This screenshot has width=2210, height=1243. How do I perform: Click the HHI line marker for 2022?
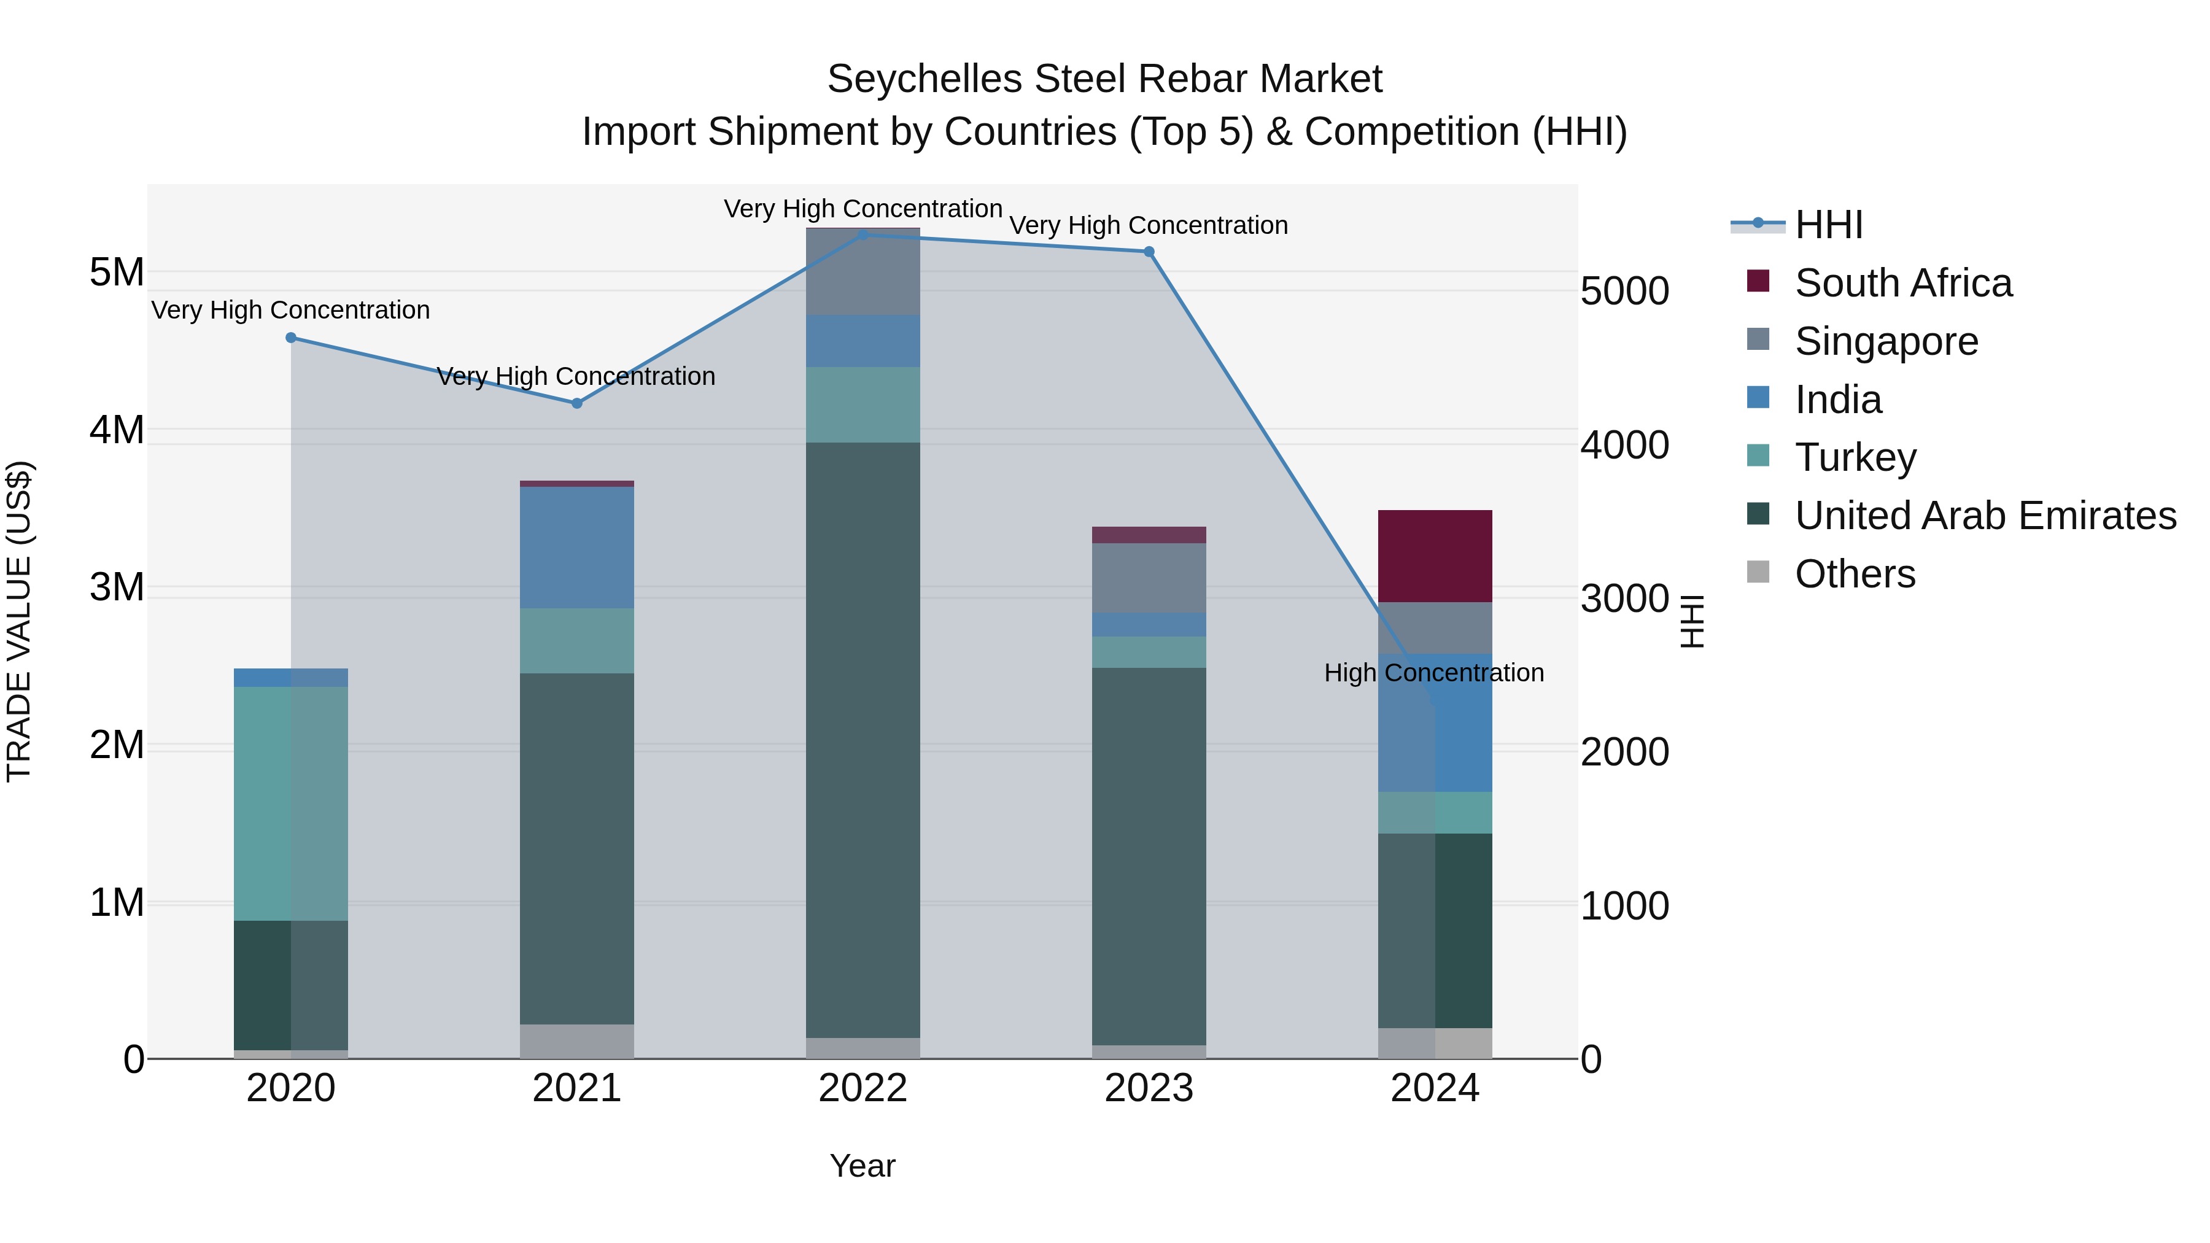[863, 234]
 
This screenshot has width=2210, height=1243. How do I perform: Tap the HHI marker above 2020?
[291, 338]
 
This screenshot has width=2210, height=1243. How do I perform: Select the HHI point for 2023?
[1149, 251]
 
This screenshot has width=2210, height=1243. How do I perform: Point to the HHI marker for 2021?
[576, 403]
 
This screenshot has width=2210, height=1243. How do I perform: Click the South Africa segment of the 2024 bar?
[1435, 556]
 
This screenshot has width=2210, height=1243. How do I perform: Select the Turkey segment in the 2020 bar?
[291, 803]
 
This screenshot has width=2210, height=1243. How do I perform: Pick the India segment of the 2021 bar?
[576, 548]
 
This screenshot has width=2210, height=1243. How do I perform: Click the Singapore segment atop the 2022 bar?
[863, 271]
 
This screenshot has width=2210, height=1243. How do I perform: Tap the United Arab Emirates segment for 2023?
[1149, 856]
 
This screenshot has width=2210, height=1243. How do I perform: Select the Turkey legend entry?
[1855, 457]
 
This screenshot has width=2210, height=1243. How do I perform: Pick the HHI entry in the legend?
[1828, 225]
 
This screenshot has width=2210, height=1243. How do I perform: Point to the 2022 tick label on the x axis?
[863, 1088]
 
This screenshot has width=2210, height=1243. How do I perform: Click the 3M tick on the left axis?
[117, 587]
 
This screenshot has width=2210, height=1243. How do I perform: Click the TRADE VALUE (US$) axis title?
[20, 621]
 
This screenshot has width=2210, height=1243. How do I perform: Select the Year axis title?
[863, 1166]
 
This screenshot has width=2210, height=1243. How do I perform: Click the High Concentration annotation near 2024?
[1433, 673]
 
